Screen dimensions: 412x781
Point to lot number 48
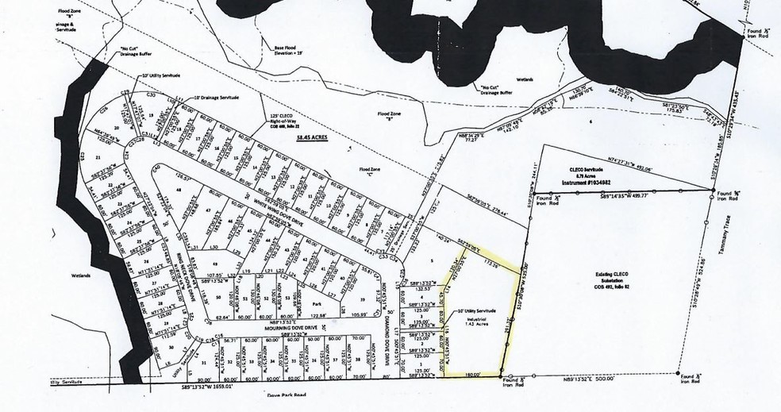tap(180, 191)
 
